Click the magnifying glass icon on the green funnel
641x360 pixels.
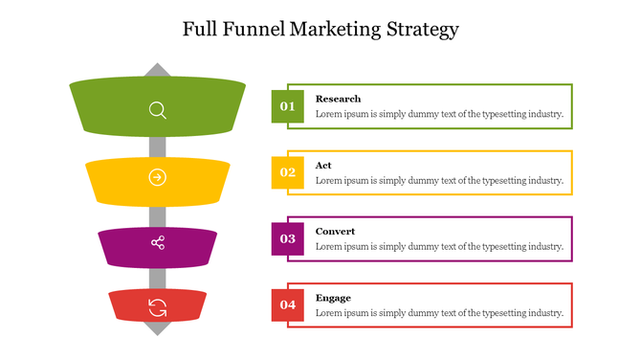point(158,110)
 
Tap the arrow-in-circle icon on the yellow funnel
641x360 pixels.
point(158,177)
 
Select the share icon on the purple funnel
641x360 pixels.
point(158,243)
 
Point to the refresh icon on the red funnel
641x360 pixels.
point(158,307)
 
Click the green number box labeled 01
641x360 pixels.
point(288,105)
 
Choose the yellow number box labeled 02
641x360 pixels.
point(288,172)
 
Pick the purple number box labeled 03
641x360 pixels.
point(288,238)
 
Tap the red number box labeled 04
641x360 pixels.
point(288,305)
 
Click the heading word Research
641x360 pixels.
point(338,99)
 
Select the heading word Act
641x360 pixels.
point(323,166)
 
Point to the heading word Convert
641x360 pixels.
point(335,232)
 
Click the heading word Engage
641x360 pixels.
point(333,298)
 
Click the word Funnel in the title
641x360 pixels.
point(261,29)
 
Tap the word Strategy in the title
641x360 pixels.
point(422,29)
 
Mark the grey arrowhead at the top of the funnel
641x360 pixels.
point(158,70)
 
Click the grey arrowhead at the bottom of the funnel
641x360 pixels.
point(158,328)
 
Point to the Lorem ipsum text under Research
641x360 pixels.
point(439,114)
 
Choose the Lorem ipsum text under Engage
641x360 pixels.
point(439,313)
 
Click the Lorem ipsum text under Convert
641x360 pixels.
point(439,247)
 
